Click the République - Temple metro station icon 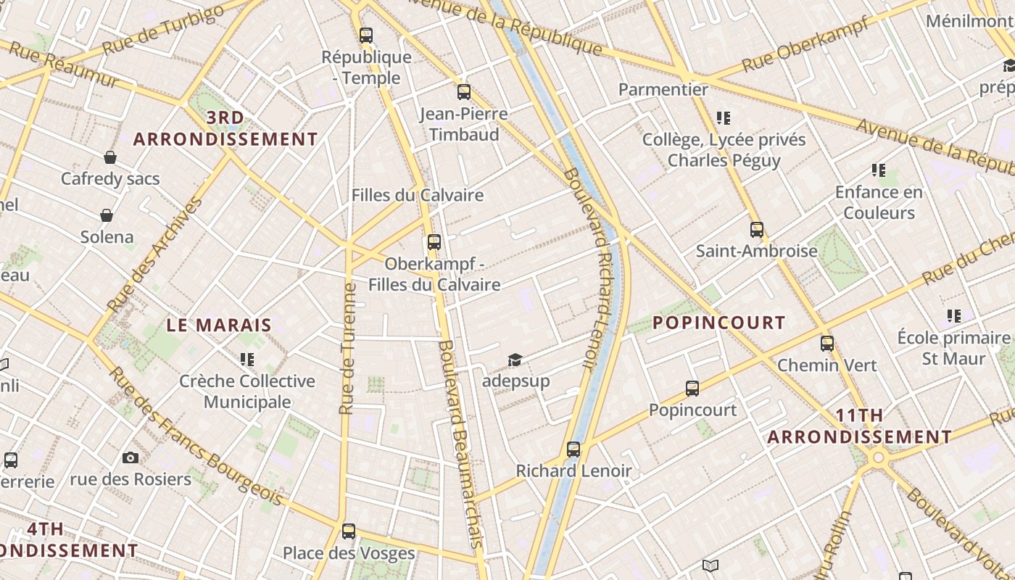click(366, 35)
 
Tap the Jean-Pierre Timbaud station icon click(464, 92)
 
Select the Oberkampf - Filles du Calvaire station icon click(434, 242)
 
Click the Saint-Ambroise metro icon click(757, 230)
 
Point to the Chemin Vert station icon click(827, 344)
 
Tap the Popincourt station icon click(692, 389)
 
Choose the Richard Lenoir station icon click(573, 449)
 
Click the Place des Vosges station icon click(349, 531)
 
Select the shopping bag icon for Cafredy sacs click(110, 157)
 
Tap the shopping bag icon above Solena click(107, 215)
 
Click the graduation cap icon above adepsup click(515, 360)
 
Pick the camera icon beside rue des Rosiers click(130, 457)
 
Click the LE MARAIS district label click(219, 326)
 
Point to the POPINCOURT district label click(719, 323)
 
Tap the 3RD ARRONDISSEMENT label click(225, 128)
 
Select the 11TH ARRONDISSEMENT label click(860, 426)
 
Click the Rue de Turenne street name click(348, 349)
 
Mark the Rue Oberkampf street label click(805, 45)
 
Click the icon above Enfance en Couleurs click(879, 171)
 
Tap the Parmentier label click(663, 89)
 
